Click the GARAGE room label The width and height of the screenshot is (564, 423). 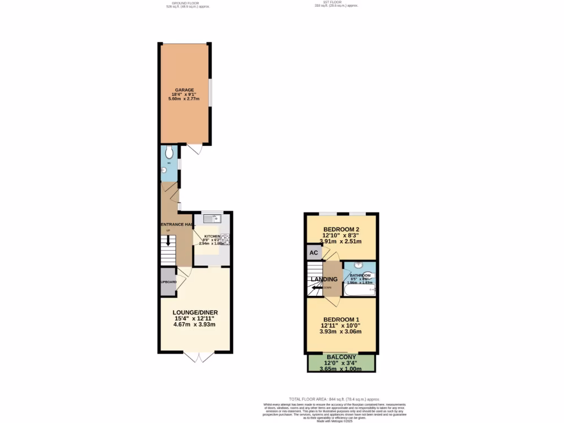tap(185, 89)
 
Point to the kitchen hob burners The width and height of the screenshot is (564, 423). tap(226, 240)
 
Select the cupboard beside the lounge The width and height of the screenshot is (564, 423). tap(169, 281)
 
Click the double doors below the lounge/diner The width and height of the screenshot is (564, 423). tap(199, 358)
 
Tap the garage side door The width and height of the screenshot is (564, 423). tap(194, 149)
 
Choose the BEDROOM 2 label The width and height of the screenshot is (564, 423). tap(341, 229)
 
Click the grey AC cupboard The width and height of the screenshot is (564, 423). tap(314, 253)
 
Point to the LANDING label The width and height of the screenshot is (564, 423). tap(324, 279)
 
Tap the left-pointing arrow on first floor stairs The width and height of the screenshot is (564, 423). tap(316, 287)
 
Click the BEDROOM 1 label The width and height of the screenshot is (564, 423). tap(341, 320)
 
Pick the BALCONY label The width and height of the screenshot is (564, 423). tap(341, 357)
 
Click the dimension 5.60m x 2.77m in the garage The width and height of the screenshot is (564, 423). tap(185, 99)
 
